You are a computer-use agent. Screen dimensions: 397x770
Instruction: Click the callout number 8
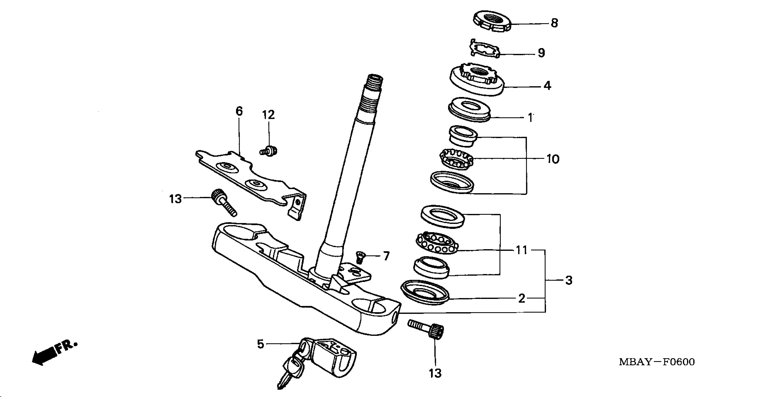click(x=554, y=23)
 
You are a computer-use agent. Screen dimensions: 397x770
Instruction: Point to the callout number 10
click(x=553, y=159)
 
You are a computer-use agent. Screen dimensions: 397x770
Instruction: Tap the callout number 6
click(x=239, y=111)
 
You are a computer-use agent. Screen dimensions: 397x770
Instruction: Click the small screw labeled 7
click(x=360, y=256)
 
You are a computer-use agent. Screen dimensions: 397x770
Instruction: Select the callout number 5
click(x=261, y=344)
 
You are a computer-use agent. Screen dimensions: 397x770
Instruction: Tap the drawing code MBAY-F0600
click(x=656, y=362)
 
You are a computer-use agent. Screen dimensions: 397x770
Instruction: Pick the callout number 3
click(x=569, y=280)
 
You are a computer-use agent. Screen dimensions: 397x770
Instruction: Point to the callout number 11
click(x=522, y=250)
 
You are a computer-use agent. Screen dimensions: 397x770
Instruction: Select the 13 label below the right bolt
click(x=435, y=373)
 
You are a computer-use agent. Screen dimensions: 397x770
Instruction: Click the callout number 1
click(x=530, y=118)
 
